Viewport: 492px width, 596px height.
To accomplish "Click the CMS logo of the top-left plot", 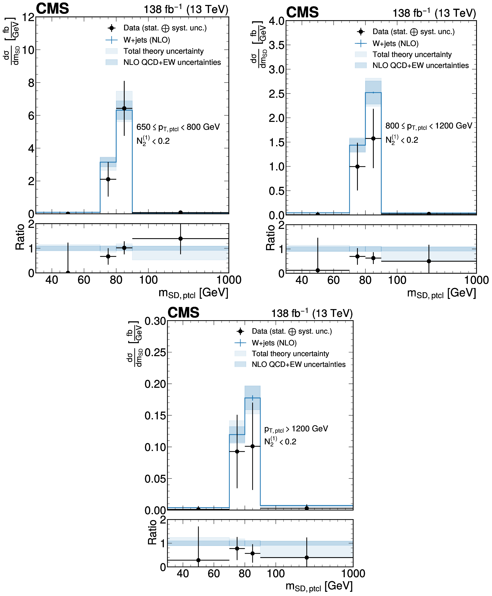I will pos(52,8).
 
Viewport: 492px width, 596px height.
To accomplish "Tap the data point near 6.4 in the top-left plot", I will pos(124,108).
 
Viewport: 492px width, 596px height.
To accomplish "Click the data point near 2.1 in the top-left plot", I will pos(108,179).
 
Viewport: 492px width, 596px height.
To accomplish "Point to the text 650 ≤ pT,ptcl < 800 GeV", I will pos(178,127).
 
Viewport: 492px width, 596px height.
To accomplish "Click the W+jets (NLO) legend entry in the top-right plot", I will pos(395,43).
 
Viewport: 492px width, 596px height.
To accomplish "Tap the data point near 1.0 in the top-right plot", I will pos(357,167).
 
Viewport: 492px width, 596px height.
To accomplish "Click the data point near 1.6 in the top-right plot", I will pos(373,138).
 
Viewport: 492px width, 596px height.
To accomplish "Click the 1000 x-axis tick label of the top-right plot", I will pos(476,280).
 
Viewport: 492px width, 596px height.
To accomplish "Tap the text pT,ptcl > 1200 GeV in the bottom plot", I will pos(296,429).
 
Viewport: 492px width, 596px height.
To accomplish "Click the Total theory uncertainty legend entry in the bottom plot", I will pos(290,353).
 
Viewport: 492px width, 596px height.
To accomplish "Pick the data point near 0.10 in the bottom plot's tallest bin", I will pos(253,446).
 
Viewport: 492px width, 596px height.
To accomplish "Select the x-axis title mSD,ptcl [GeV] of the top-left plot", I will pos(193,293).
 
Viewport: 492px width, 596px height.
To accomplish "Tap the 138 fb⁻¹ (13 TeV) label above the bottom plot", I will pos(312,313).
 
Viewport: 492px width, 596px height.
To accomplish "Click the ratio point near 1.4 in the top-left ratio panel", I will pos(181,239).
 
